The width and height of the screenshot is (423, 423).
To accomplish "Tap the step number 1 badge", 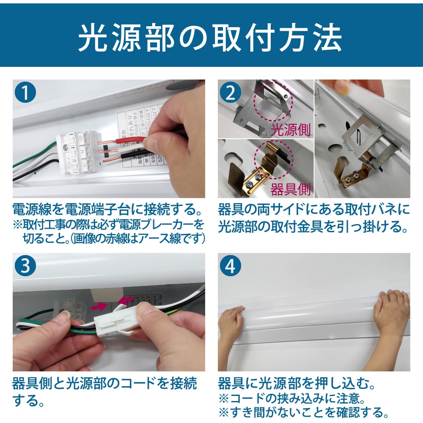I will (x=26, y=93).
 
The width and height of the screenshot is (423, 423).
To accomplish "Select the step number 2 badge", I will (x=231, y=93).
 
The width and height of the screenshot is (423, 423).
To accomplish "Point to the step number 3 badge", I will (x=26, y=266).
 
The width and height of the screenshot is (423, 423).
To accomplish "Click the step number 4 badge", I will (x=231, y=266).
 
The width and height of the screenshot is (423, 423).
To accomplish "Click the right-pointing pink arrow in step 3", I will (x=100, y=305).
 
